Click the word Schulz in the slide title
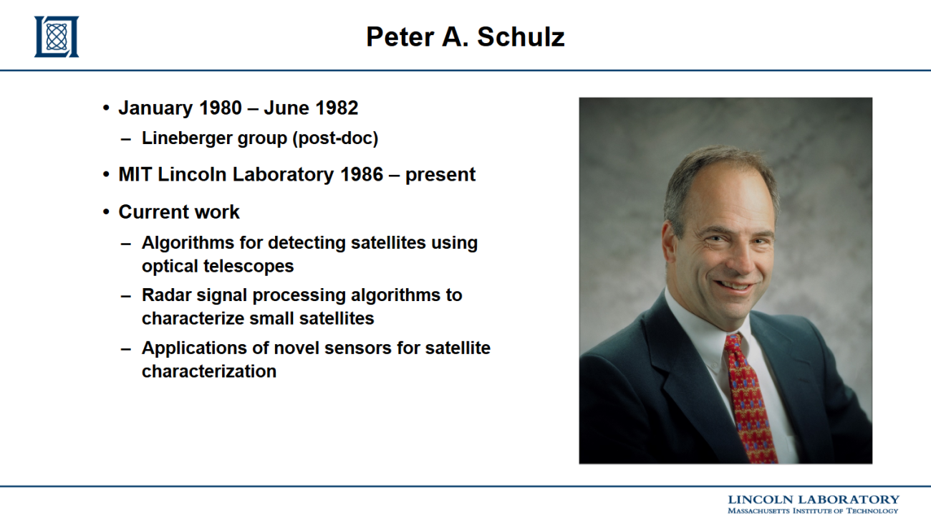521,37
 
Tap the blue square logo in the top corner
57,37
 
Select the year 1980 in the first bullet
221,108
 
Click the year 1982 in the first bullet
337,108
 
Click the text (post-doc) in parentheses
335,138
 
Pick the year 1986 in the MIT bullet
362,174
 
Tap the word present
440,175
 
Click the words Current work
179,211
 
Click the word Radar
166,295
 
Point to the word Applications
194,348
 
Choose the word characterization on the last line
209,371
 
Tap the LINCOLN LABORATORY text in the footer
814,500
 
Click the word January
156,108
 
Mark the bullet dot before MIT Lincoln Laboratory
107,175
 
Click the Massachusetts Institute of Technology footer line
813,510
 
